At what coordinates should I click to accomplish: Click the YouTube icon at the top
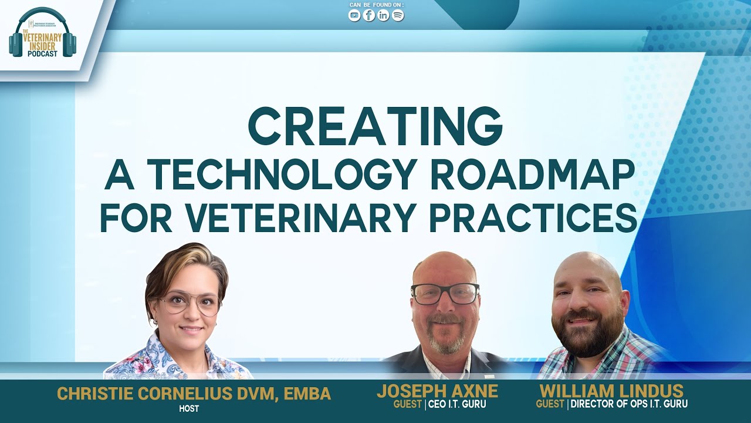coord(354,16)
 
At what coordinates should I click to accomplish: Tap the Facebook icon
coord(369,16)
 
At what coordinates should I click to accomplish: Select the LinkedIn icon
coord(383,16)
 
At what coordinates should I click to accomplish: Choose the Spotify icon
coord(398,16)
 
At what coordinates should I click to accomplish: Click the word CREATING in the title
coord(375,127)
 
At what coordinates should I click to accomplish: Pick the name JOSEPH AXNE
coord(437,391)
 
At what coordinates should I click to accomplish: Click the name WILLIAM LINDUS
coord(611,391)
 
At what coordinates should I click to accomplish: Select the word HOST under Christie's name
coord(189,408)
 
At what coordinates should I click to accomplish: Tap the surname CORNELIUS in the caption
coord(198,394)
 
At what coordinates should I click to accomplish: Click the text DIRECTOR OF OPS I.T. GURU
coord(629,404)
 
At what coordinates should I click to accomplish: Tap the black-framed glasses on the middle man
coord(445,294)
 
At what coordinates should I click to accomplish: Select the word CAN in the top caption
coord(356,5)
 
